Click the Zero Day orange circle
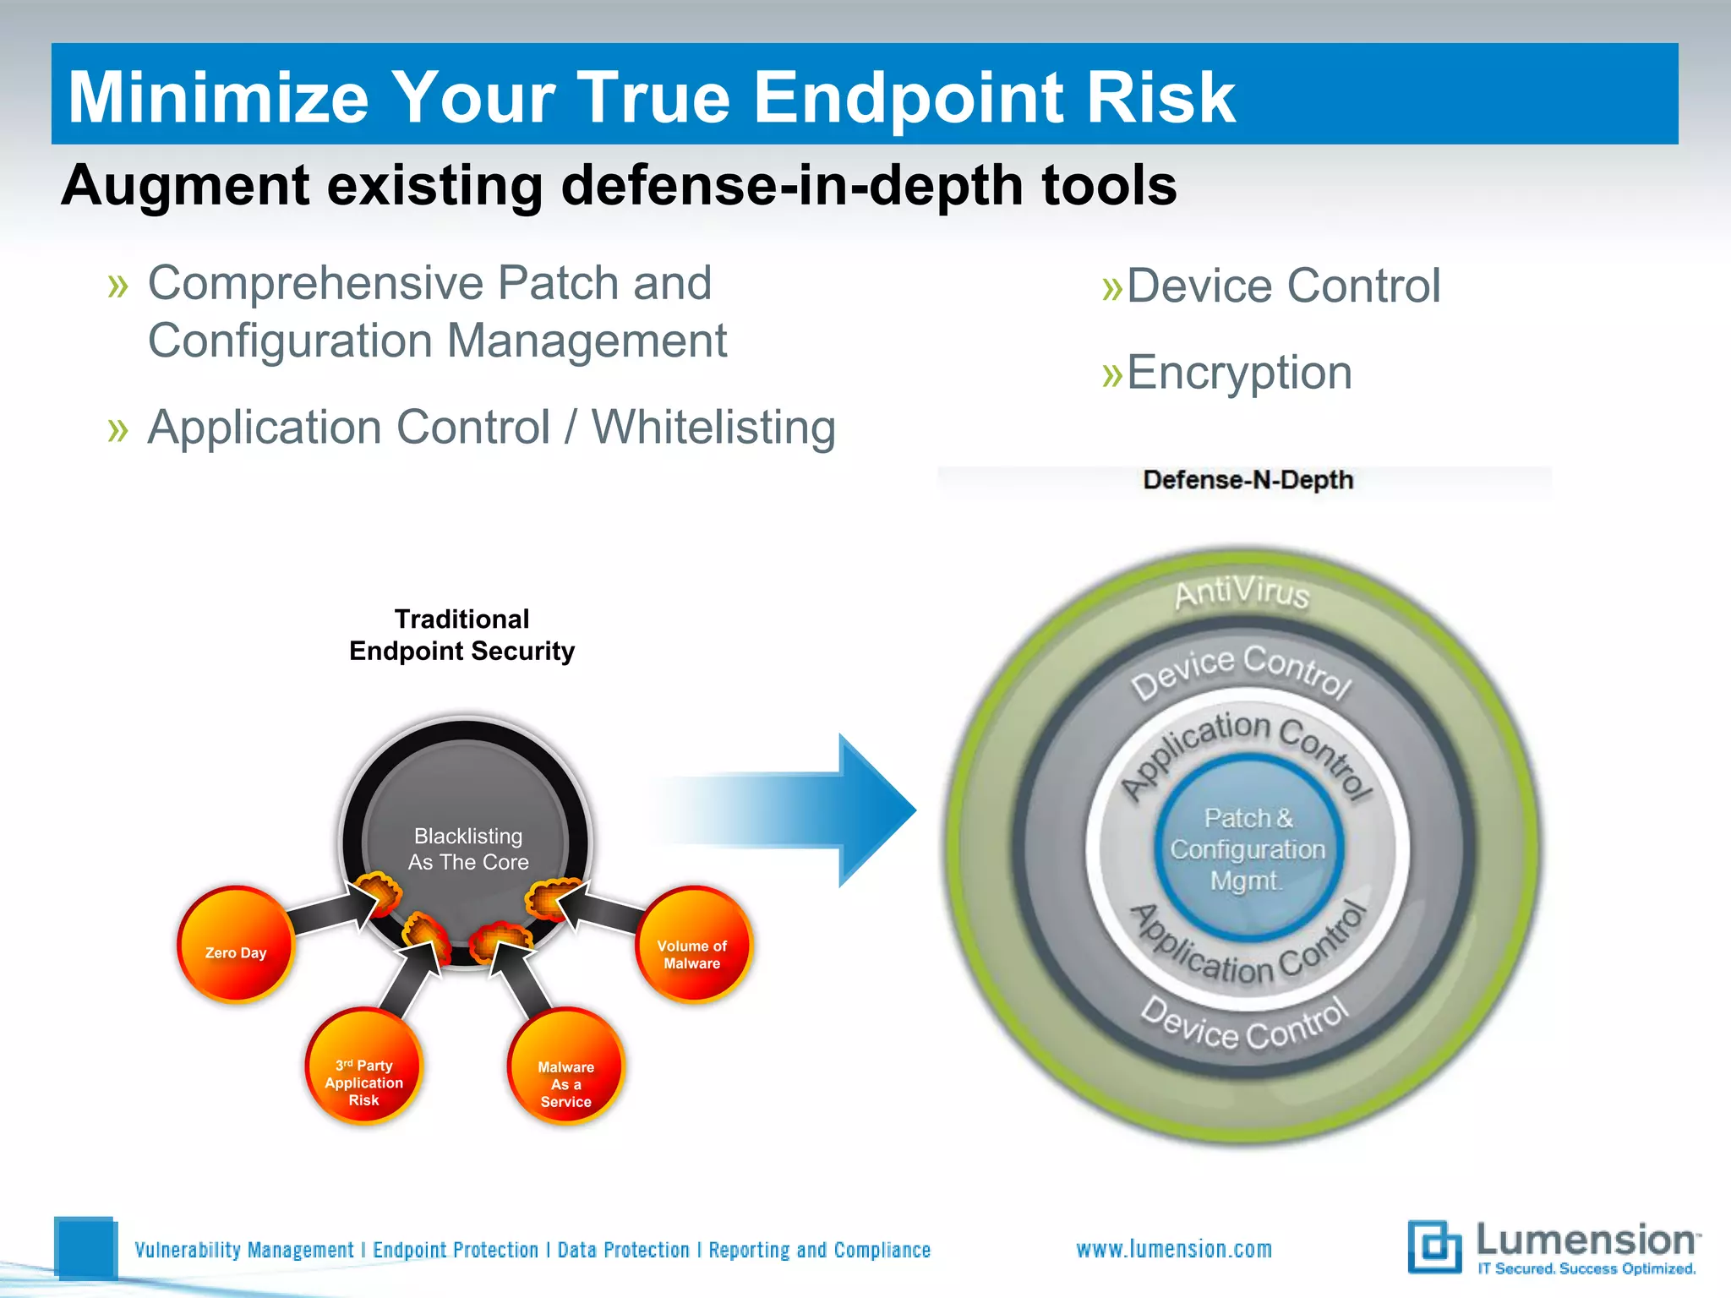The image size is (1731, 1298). pyautogui.click(x=236, y=944)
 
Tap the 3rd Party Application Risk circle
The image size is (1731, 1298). pyautogui.click(x=363, y=1066)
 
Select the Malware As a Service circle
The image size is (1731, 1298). pyautogui.click(x=565, y=1066)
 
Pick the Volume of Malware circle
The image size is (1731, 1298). pyautogui.click(x=693, y=944)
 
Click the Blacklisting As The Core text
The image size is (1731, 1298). pyautogui.click(x=468, y=849)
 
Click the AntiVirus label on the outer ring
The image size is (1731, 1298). pyautogui.click(x=1241, y=592)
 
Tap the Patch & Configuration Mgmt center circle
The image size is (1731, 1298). pyautogui.click(x=1248, y=849)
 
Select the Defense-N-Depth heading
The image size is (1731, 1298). pyautogui.click(x=1248, y=480)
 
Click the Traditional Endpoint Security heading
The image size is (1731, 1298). pyautogui.click(x=462, y=635)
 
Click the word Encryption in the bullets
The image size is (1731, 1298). pyautogui.click(x=1239, y=373)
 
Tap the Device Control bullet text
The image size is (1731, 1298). pyautogui.click(x=1283, y=286)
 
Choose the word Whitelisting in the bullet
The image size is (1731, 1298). pyautogui.click(x=713, y=428)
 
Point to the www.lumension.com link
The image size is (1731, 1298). pyautogui.click(x=1174, y=1249)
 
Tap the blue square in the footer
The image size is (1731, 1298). pyautogui.click(x=85, y=1247)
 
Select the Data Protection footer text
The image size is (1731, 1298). pyautogui.click(x=624, y=1250)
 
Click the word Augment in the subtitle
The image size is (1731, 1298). pyautogui.click(x=185, y=186)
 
